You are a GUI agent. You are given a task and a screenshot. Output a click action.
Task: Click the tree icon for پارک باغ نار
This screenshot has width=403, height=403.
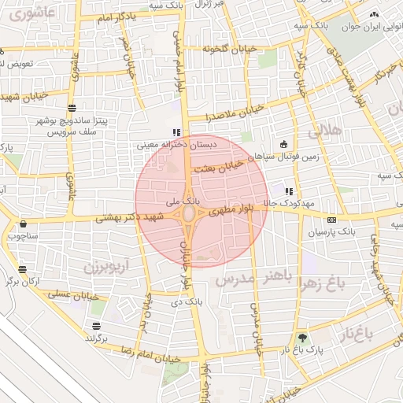click(x=303, y=337)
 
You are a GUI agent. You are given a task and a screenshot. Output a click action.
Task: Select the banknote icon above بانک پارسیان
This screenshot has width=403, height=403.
click(x=331, y=220)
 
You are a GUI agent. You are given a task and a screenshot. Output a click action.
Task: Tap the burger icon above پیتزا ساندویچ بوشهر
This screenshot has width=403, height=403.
click(x=72, y=107)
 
